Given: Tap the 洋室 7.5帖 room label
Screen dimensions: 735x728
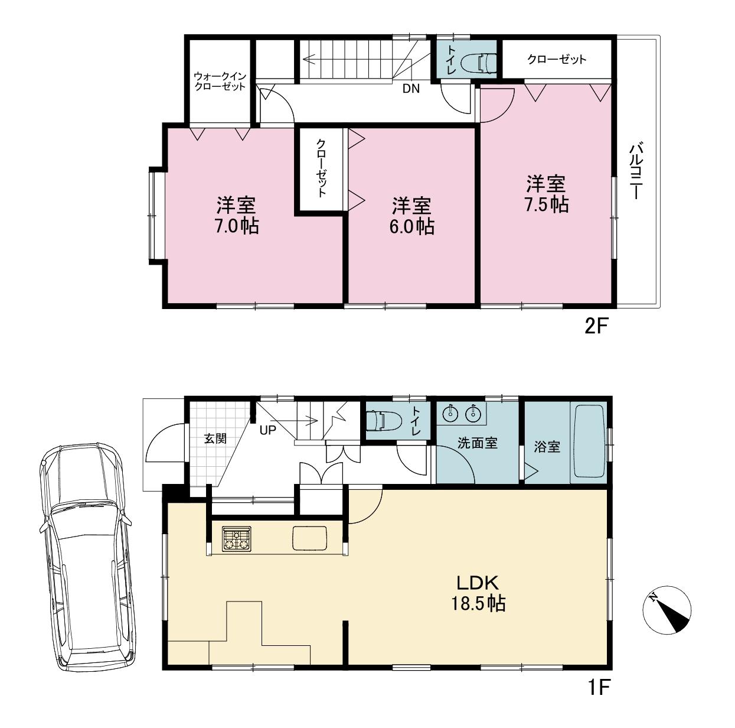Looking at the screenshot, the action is coord(546,194).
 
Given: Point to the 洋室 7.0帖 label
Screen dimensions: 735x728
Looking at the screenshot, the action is coord(237,216).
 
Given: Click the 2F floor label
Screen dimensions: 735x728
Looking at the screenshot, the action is coord(596,327).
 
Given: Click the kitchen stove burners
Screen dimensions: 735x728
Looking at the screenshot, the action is coord(237,538).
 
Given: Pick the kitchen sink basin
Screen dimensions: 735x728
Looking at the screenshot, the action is coord(309,538).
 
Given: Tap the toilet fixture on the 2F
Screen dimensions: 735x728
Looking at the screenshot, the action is coord(478,63).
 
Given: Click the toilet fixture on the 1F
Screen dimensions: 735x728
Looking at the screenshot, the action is coord(383,420).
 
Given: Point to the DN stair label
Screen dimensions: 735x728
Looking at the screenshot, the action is coord(411,89).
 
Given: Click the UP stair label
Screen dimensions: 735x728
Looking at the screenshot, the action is coord(268,430).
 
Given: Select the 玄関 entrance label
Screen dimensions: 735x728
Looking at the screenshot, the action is coord(215,438).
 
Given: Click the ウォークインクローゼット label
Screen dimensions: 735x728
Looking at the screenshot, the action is coord(220,81).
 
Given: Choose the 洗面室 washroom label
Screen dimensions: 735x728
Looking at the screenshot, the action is coord(478,443).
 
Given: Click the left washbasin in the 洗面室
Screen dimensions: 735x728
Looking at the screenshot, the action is coord(451,412).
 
